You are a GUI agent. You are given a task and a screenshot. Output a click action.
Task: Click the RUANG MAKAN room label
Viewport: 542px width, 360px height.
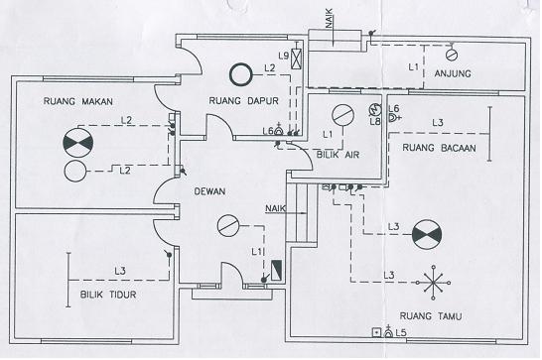pyautogui.click(x=78, y=101)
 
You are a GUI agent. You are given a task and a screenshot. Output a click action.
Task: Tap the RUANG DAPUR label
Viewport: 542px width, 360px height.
pyautogui.click(x=243, y=101)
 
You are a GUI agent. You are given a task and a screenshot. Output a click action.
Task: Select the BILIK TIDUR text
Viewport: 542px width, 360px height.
pyautogui.click(x=108, y=295)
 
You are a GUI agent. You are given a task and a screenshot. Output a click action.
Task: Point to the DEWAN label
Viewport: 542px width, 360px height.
pyautogui.click(x=209, y=191)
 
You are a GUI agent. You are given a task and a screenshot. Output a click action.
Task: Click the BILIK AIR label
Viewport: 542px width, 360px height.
pyautogui.click(x=339, y=155)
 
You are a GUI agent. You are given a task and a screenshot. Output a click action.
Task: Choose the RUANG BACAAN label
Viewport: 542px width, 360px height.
pyautogui.click(x=439, y=148)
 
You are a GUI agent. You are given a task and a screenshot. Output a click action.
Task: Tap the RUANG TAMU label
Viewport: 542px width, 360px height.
pyautogui.click(x=431, y=315)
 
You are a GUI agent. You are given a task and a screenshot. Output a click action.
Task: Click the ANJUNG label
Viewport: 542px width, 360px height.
pyautogui.click(x=453, y=73)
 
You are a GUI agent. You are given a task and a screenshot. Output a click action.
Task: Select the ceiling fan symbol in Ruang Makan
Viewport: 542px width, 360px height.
pyautogui.click(x=78, y=143)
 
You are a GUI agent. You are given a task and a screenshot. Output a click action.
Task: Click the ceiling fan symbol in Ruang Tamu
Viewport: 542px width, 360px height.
pyautogui.click(x=427, y=235)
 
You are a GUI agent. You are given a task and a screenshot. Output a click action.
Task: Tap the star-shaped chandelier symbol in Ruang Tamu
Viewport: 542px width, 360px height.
pyautogui.click(x=433, y=283)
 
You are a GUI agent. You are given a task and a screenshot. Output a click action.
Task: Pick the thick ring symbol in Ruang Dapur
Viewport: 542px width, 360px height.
pyautogui.click(x=241, y=74)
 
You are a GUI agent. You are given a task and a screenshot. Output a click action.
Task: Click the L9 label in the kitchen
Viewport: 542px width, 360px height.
pyautogui.click(x=284, y=56)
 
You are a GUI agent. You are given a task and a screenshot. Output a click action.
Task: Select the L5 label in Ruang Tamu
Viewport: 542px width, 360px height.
pyautogui.click(x=401, y=332)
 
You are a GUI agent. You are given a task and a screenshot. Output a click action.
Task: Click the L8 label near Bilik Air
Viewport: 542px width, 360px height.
pyautogui.click(x=375, y=122)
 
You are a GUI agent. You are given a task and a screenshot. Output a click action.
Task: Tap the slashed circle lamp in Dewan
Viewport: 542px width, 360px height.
pyautogui.click(x=228, y=226)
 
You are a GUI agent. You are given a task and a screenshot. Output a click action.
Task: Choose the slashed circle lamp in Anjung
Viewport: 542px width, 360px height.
pyautogui.click(x=451, y=55)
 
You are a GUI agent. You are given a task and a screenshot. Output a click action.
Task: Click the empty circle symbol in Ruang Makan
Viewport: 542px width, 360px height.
pyautogui.click(x=75, y=171)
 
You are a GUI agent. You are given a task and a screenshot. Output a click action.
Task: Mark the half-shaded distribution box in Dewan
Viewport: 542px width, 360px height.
pyautogui.click(x=277, y=270)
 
